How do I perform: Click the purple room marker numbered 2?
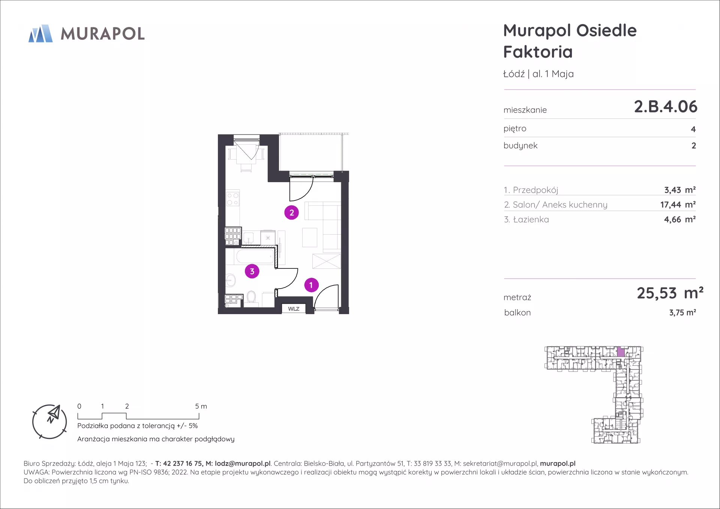click(x=291, y=213)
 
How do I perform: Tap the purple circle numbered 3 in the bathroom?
click(x=252, y=271)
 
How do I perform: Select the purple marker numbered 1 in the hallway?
click(x=311, y=285)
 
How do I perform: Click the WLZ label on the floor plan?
click(x=294, y=309)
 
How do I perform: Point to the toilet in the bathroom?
click(x=251, y=298)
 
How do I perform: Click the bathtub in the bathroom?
click(x=255, y=257)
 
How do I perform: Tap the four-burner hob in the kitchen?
click(x=232, y=199)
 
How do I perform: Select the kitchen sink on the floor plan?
click(x=249, y=238)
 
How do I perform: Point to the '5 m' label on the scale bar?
click(x=201, y=406)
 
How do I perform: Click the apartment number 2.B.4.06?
click(x=666, y=106)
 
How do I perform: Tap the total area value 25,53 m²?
click(x=670, y=293)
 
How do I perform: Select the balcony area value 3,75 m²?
click(x=682, y=313)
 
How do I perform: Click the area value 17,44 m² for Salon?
click(x=678, y=205)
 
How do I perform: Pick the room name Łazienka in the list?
click(x=531, y=220)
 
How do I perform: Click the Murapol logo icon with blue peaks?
click(x=40, y=33)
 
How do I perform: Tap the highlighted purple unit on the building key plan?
click(x=621, y=352)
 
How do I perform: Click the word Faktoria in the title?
click(x=538, y=52)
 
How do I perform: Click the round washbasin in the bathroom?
click(x=231, y=280)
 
